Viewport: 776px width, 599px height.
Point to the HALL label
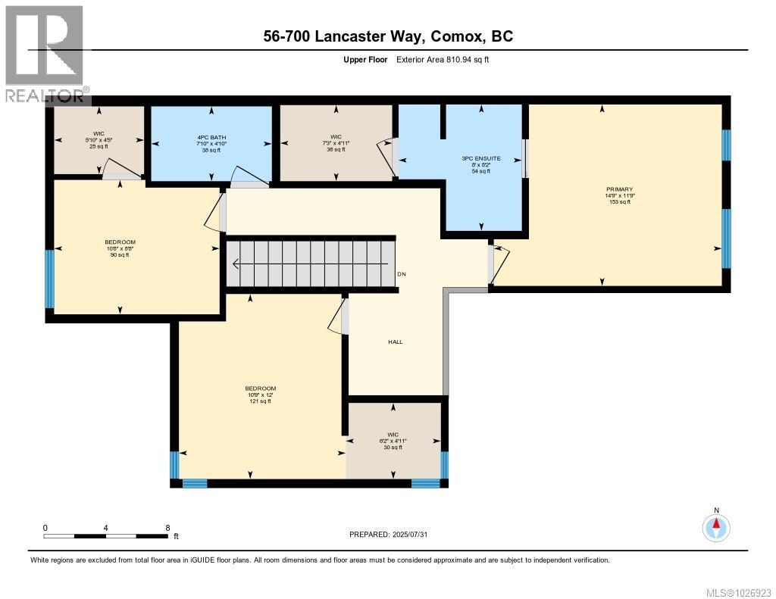tap(395, 342)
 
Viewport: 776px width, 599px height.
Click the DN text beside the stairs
tap(402, 273)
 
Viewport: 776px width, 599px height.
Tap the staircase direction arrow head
tap(236, 264)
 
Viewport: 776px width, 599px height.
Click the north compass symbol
tap(715, 527)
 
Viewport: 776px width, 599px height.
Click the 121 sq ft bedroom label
tap(259, 395)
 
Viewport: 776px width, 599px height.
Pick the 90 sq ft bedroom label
tap(120, 248)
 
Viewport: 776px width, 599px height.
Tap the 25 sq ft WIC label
tap(99, 140)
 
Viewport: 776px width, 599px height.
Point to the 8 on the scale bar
tap(167, 527)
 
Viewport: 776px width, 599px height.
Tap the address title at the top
tap(388, 36)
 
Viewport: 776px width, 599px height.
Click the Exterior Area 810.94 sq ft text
tap(443, 59)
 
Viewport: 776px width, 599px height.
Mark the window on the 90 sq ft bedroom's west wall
tap(49, 279)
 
